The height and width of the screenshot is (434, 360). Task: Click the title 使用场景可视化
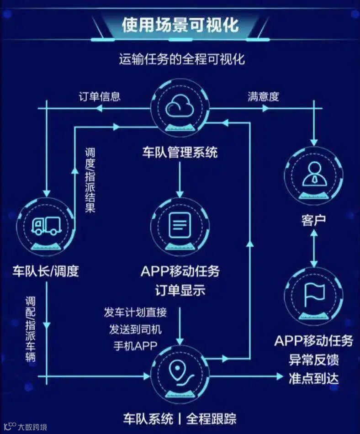pyautogui.click(x=180, y=24)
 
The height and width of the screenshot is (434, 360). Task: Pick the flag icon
pyautogui.click(x=314, y=294)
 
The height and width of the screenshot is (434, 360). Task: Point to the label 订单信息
pyautogui.click(x=100, y=96)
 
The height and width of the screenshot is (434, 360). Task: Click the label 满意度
pyautogui.click(x=264, y=96)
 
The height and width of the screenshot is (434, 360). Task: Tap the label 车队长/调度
pyautogui.click(x=46, y=271)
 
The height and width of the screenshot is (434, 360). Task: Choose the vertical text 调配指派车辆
pyautogui.click(x=31, y=329)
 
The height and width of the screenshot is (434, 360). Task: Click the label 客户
pyautogui.click(x=313, y=220)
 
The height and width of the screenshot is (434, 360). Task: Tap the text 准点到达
pyautogui.click(x=313, y=378)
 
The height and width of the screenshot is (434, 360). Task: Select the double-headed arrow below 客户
pyautogui.click(x=313, y=249)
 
